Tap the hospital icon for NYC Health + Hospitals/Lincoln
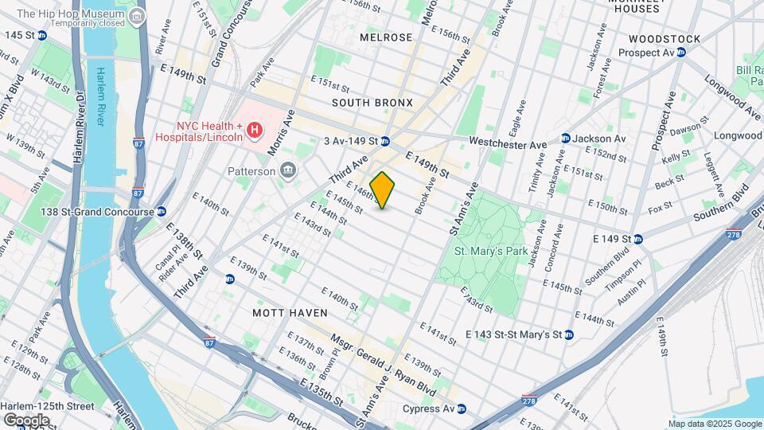point(255,129)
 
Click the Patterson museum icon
point(287,170)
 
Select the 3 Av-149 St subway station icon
point(384,142)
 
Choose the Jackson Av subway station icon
point(565,139)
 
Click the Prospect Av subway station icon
point(681,53)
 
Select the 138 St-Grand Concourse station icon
point(162,211)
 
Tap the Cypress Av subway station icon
point(462,409)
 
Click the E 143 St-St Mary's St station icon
point(568,334)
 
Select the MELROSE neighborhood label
point(386,37)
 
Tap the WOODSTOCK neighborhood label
point(664,38)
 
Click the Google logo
point(26,420)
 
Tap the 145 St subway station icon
point(41,35)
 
